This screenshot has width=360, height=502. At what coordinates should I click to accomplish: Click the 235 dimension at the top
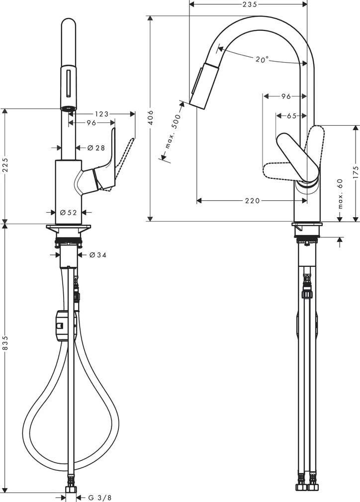[x=249, y=4]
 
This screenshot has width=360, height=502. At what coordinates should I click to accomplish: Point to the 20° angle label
[x=262, y=60]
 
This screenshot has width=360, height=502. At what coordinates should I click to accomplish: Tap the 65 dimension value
[x=291, y=116]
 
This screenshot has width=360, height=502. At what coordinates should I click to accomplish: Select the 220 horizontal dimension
[x=253, y=201]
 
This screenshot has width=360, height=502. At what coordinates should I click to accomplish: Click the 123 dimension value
[x=101, y=114]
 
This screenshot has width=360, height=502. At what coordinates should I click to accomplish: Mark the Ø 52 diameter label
[x=68, y=212]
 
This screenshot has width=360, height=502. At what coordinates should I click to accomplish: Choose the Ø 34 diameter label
[x=98, y=255]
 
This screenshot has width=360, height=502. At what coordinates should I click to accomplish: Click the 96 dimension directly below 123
[x=91, y=122]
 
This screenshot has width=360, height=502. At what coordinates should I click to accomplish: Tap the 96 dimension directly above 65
[x=285, y=96]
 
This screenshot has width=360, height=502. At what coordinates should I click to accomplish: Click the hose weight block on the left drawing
[x=63, y=326]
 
